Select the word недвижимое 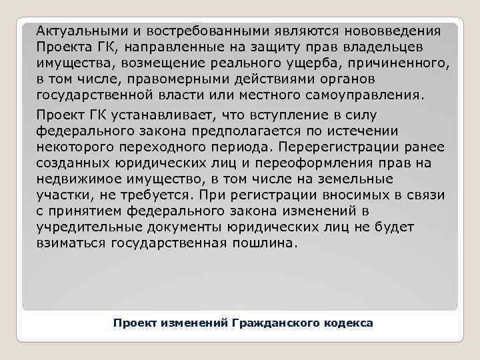coord(75,179)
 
